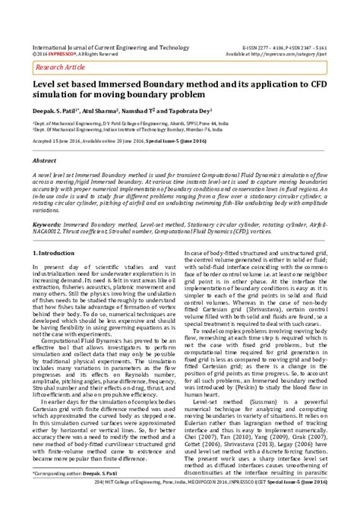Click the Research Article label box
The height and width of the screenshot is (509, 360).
point(58,67)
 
